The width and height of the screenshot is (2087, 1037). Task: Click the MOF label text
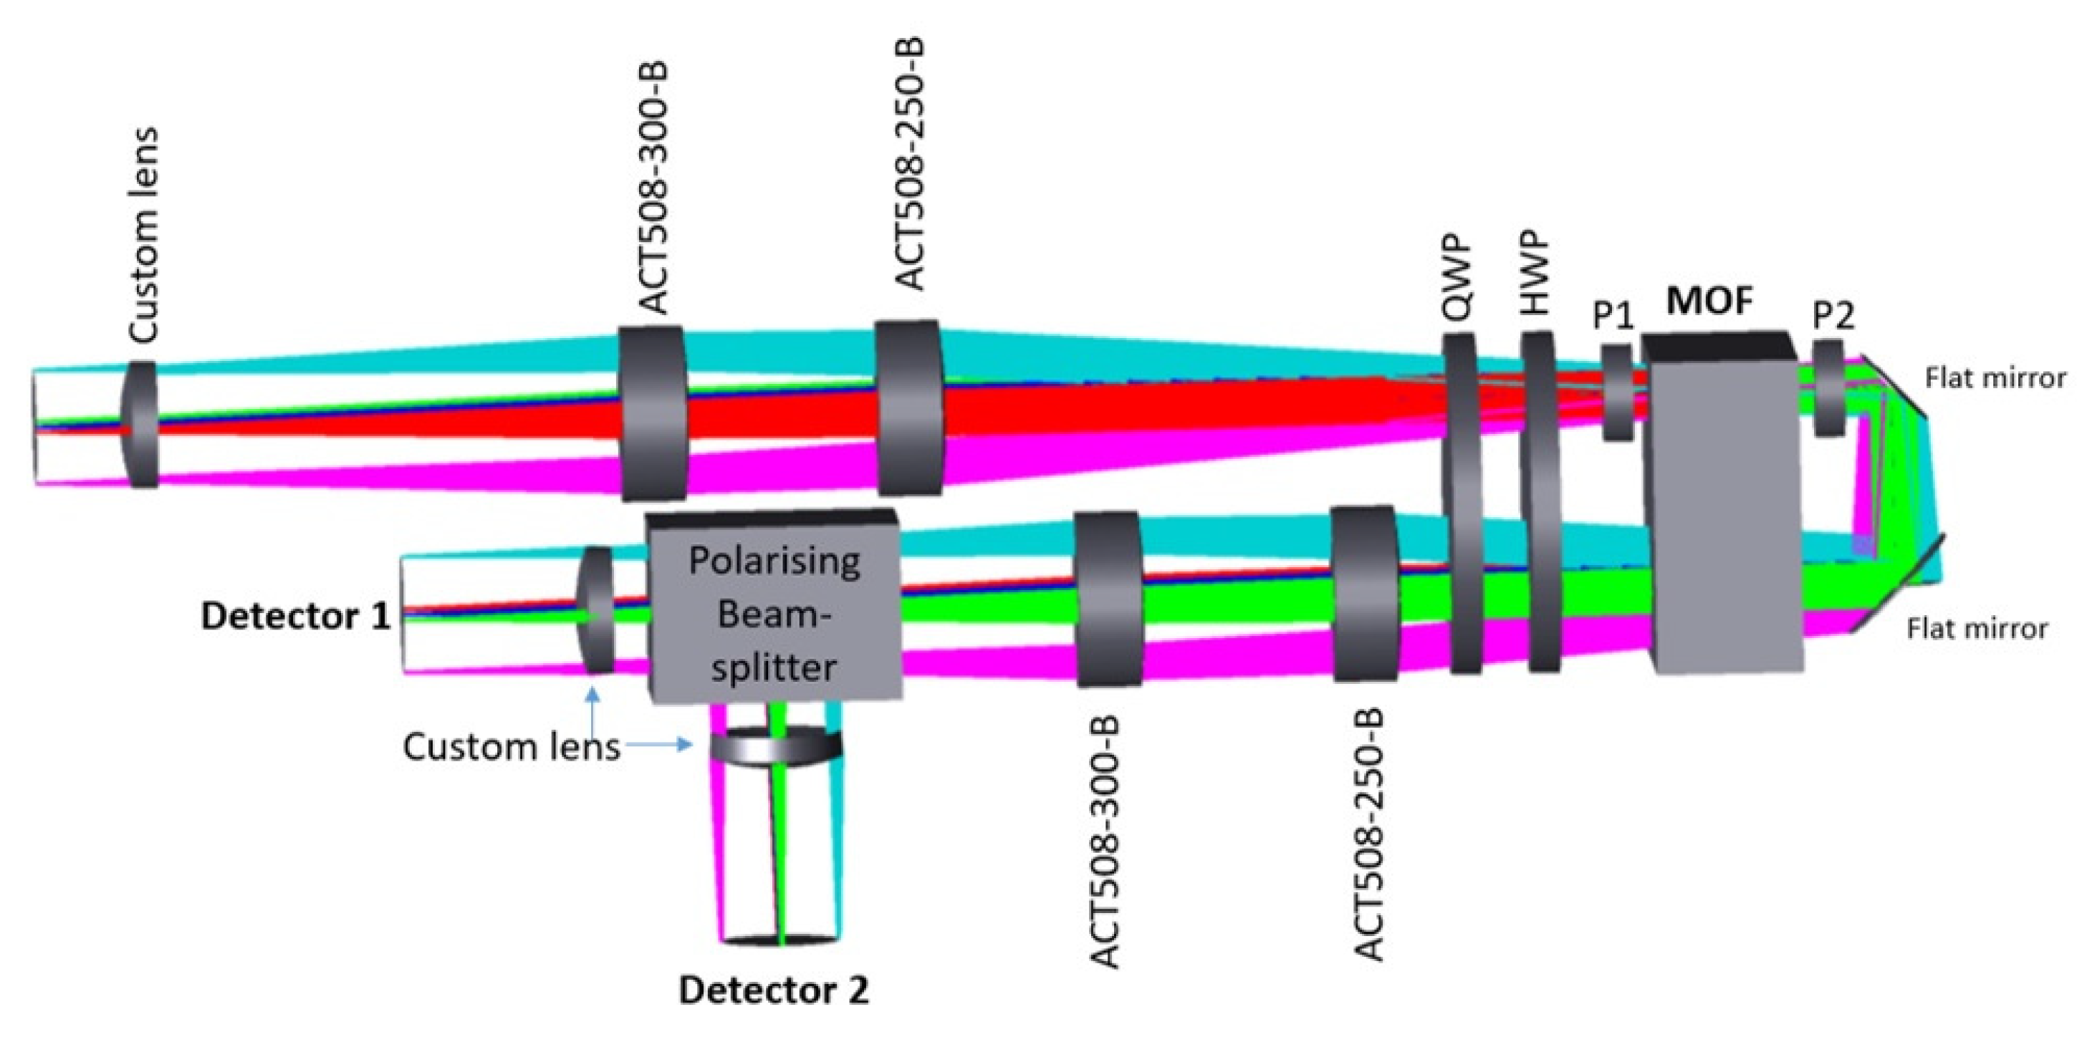pos(1709,302)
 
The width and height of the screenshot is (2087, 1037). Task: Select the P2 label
pos(1833,316)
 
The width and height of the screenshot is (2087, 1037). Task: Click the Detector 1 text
pos(296,617)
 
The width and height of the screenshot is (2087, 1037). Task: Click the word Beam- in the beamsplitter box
pos(774,616)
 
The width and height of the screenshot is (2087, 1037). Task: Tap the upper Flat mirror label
pos(1995,378)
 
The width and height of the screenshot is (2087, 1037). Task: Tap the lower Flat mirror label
pos(1977,630)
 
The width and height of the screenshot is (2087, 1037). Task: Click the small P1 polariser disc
pos(1617,393)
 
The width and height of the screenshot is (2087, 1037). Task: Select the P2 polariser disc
pos(1829,389)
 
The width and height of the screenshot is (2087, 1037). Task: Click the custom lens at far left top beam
pos(141,425)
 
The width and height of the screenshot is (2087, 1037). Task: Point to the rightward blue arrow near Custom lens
pos(661,743)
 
